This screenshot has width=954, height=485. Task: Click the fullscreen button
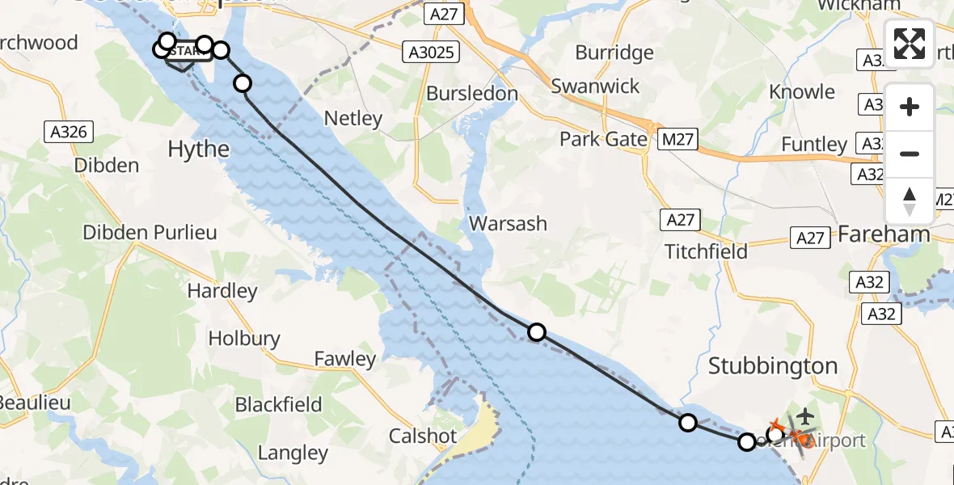click(910, 43)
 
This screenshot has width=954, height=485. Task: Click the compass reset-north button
click(910, 200)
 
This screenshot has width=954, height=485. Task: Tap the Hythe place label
click(199, 149)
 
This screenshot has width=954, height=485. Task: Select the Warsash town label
click(509, 223)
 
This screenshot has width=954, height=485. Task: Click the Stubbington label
click(772, 366)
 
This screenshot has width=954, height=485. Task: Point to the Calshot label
click(423, 436)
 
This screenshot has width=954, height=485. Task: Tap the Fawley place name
click(345, 358)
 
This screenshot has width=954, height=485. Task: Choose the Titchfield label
click(706, 251)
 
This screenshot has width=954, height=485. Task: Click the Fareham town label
click(883, 235)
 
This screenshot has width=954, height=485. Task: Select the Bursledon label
click(472, 93)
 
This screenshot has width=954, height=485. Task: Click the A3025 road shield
click(431, 53)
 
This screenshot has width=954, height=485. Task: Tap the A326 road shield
click(69, 132)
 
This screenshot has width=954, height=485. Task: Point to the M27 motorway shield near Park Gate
click(678, 140)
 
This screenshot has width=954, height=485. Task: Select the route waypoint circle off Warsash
click(537, 331)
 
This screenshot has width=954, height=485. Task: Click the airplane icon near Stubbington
click(805, 415)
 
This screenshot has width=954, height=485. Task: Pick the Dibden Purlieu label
click(150, 233)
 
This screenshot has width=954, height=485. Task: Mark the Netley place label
click(353, 119)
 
